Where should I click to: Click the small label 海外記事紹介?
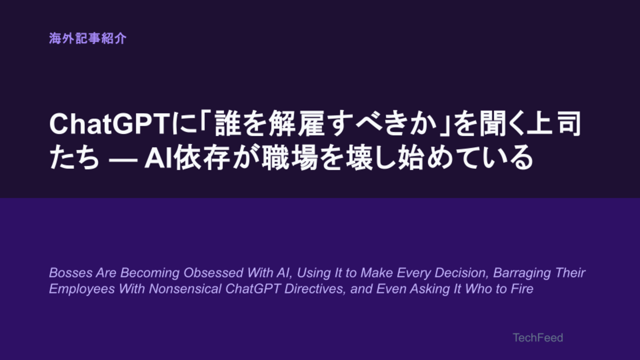(87, 38)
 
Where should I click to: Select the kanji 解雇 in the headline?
(297, 124)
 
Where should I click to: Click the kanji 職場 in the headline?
(290, 158)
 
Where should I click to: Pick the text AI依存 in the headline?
(187, 158)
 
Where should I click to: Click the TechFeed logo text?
(537, 337)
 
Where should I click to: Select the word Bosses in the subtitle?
(70, 272)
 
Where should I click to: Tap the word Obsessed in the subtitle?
(213, 272)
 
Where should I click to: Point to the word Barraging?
(522, 273)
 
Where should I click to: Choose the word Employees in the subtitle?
(82, 289)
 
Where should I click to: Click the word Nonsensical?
(185, 288)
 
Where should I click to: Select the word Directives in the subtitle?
(315, 289)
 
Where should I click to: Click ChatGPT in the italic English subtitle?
(253, 288)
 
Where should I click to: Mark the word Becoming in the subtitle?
(150, 273)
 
